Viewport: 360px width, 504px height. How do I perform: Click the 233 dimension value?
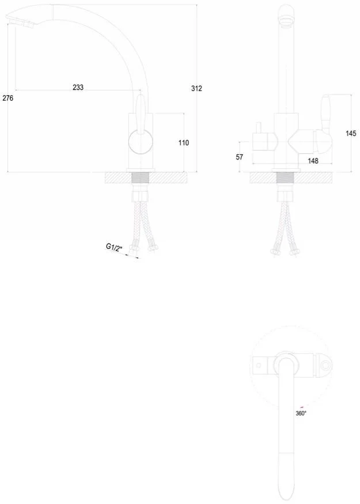tap(78, 87)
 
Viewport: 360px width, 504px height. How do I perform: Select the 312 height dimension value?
tap(196, 88)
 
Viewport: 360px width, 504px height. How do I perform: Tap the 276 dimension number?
tap(7, 98)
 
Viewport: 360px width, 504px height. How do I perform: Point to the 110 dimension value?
tap(184, 143)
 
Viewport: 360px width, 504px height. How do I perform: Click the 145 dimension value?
tap(351, 133)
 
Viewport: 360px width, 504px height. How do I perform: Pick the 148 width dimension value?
tap(313, 161)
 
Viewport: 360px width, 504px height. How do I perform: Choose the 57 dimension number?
tap(240, 157)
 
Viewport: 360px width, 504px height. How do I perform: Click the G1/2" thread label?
tap(114, 248)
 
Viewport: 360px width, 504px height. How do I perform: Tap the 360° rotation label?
tap(301, 414)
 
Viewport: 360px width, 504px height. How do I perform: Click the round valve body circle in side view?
tap(141, 142)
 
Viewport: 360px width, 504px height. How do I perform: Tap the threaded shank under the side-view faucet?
tap(141, 178)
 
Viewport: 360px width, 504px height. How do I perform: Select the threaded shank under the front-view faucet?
tap(286, 178)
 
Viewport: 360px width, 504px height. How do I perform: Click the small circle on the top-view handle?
tap(325, 366)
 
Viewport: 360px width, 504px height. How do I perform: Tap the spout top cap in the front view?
tap(286, 14)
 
